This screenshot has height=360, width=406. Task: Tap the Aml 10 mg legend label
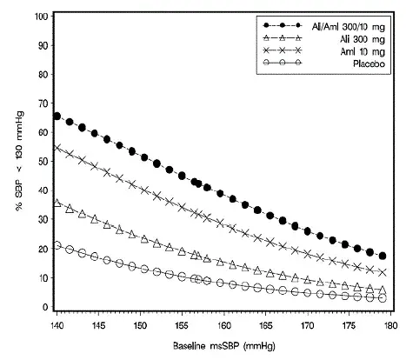tap(362, 51)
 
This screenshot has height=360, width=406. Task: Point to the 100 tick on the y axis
tap(40, 17)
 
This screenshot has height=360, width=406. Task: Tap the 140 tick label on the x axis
tap(57, 322)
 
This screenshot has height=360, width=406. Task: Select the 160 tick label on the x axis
tap(223, 322)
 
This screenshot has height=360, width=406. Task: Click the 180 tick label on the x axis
tap(390, 322)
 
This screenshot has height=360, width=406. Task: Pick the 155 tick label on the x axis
tap(182, 322)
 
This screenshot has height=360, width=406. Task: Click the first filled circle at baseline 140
tap(57, 117)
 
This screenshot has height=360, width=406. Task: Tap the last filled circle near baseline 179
tap(383, 257)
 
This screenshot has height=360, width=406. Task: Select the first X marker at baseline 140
tap(57, 148)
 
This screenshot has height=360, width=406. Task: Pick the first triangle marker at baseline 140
tap(57, 203)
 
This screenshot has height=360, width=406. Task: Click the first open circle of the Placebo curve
tap(57, 246)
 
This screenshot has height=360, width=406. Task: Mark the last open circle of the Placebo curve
tap(383, 298)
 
